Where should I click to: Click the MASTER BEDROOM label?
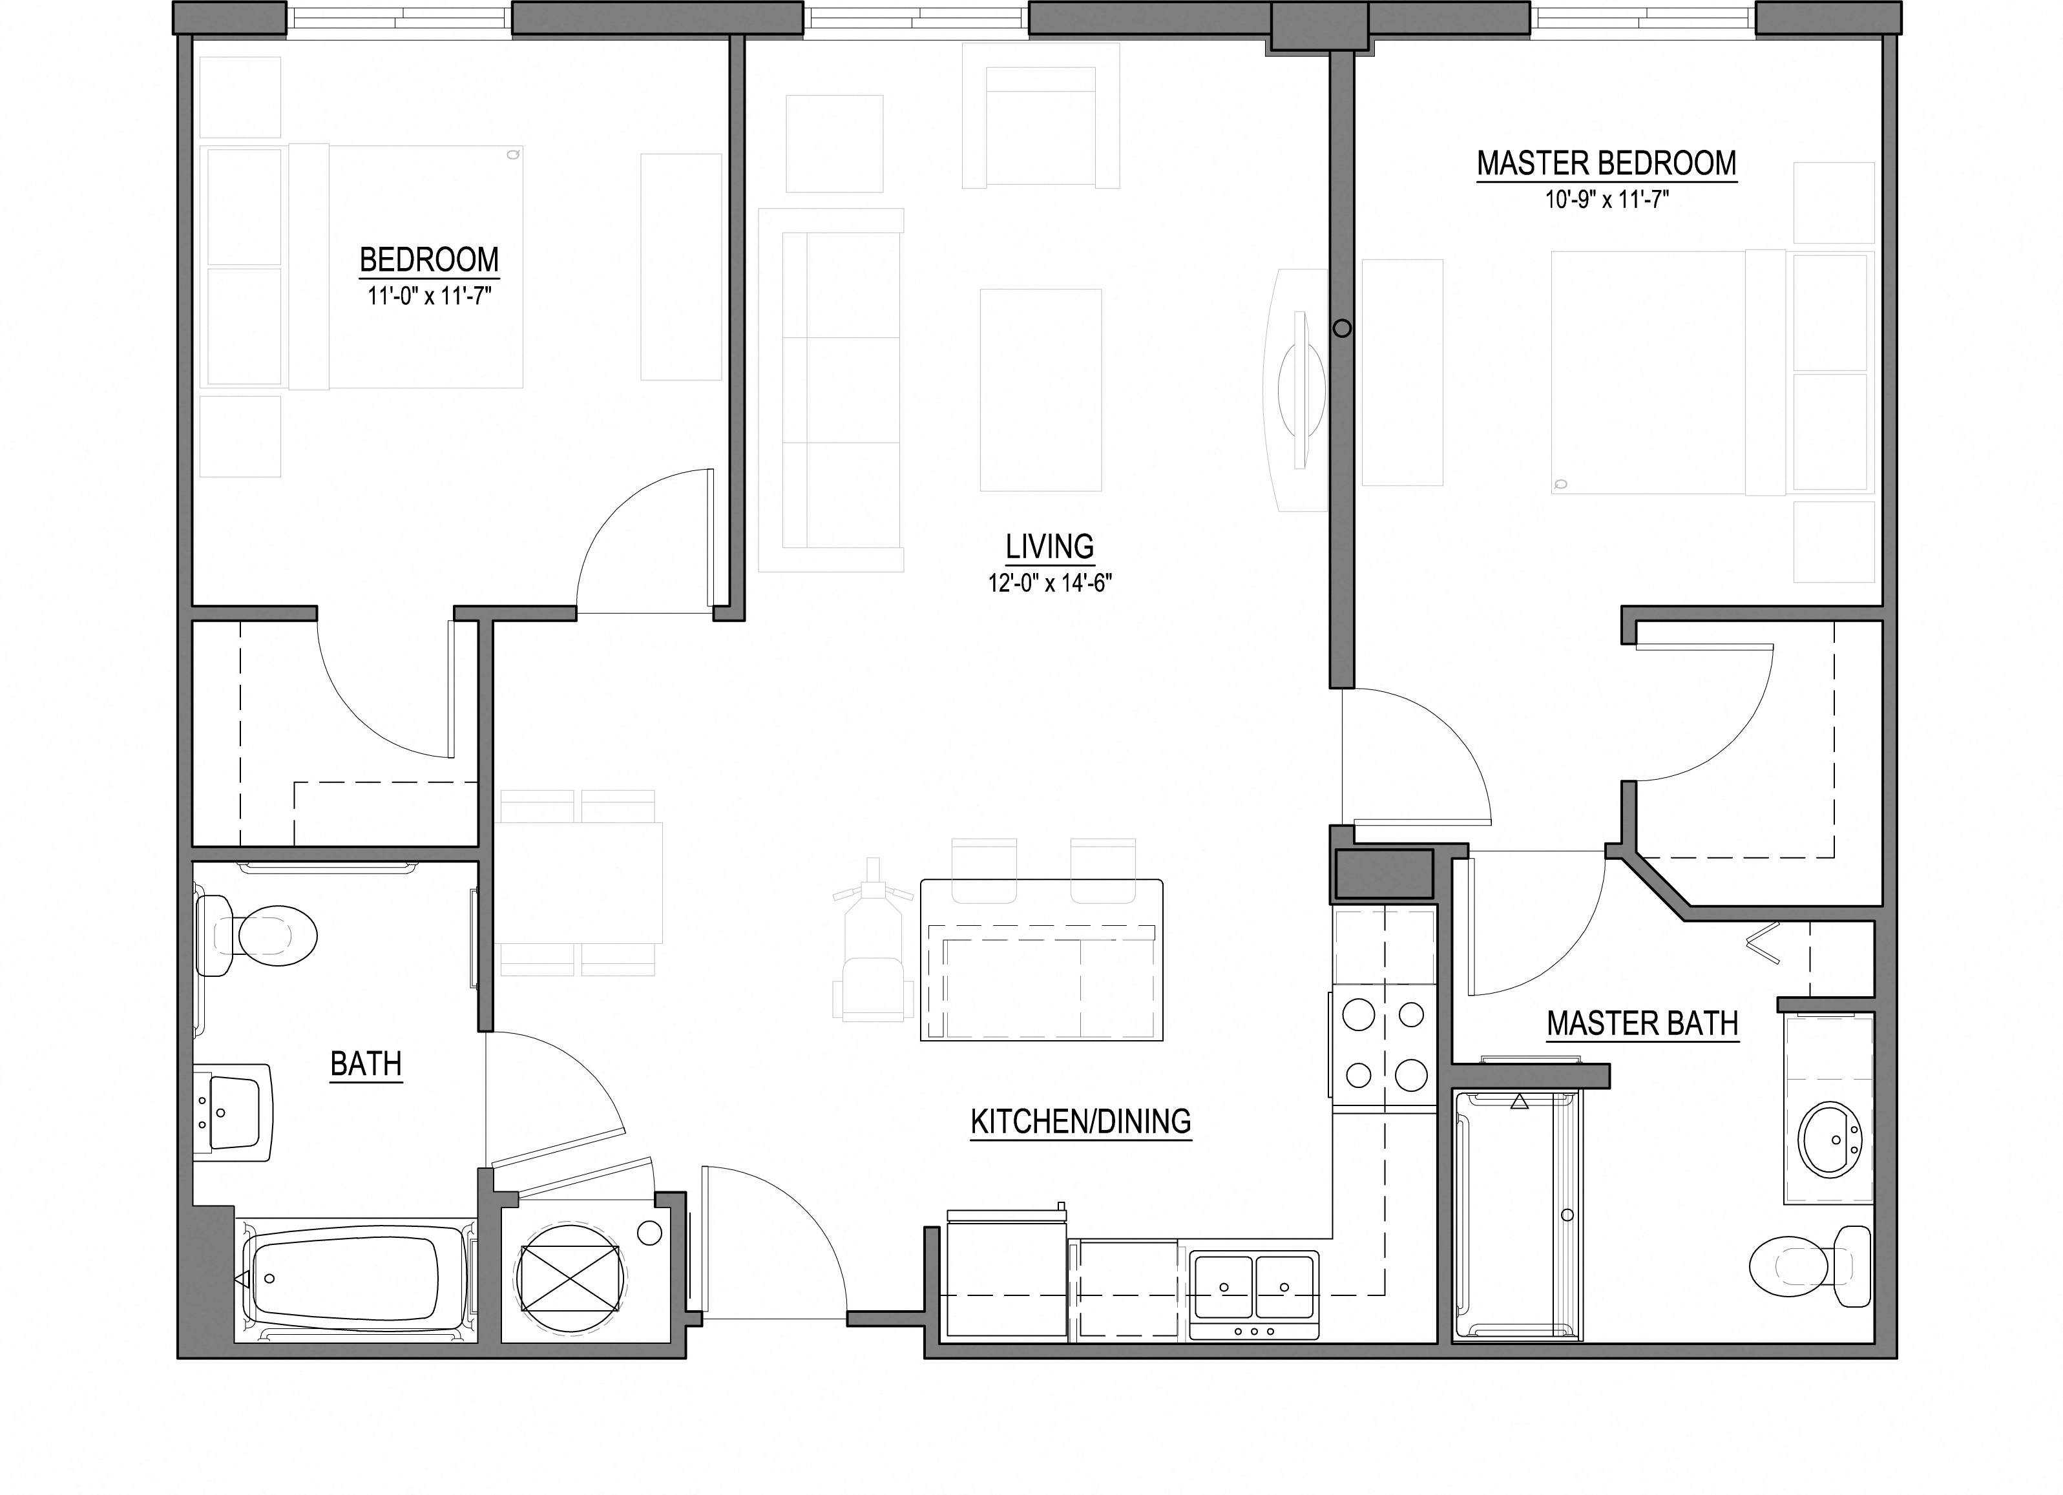point(1606,163)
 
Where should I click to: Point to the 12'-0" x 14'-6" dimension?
point(1051,583)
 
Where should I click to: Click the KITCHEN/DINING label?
point(1081,1122)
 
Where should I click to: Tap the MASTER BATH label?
point(1642,1024)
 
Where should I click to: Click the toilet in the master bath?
point(1810,1267)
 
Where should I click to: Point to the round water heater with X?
point(571,1279)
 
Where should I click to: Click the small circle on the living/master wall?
point(1342,328)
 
